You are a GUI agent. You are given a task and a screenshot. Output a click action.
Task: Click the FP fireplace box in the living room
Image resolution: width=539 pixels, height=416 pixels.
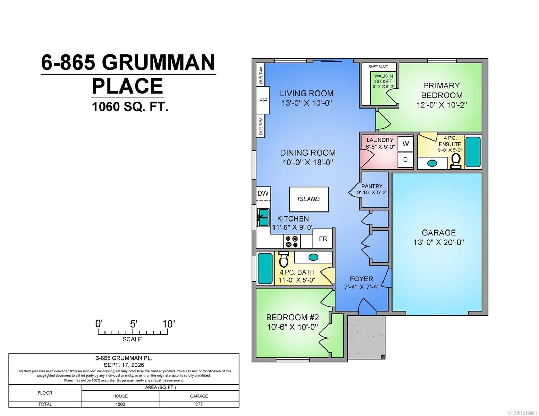(x=263, y=100)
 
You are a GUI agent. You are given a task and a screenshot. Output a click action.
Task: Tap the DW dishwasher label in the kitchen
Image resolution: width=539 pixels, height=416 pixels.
(x=263, y=193)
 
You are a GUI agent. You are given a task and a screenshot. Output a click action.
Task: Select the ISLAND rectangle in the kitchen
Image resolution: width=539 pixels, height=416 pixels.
(x=309, y=199)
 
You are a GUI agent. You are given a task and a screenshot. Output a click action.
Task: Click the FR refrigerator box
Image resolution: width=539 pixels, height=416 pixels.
(x=323, y=239)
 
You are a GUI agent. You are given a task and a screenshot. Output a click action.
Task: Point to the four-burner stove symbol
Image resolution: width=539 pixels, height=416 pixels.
(x=292, y=242)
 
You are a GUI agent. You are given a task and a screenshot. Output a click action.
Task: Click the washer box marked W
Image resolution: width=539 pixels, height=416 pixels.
(x=405, y=144)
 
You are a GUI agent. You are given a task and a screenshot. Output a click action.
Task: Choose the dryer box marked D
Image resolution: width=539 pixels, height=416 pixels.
(x=405, y=159)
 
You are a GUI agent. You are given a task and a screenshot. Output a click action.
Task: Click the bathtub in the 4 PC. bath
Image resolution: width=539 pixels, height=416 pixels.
(x=265, y=268)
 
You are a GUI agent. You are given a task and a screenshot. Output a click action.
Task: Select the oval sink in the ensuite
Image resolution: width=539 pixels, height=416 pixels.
(x=432, y=163)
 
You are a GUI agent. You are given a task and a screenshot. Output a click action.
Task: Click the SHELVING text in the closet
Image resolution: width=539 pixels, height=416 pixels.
(x=378, y=67)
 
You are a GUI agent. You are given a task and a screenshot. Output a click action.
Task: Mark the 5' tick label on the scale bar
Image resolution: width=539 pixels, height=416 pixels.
(x=133, y=324)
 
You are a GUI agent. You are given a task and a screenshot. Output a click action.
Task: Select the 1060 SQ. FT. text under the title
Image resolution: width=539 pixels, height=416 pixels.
(x=130, y=107)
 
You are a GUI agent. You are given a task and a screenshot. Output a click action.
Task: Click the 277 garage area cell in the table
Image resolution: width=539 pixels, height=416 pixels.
(x=199, y=404)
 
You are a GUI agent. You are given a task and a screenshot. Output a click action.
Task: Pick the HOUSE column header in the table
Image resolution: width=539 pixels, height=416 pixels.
(x=120, y=396)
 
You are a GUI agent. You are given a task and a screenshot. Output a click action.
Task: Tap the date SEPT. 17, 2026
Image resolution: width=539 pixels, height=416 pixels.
(x=124, y=365)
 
